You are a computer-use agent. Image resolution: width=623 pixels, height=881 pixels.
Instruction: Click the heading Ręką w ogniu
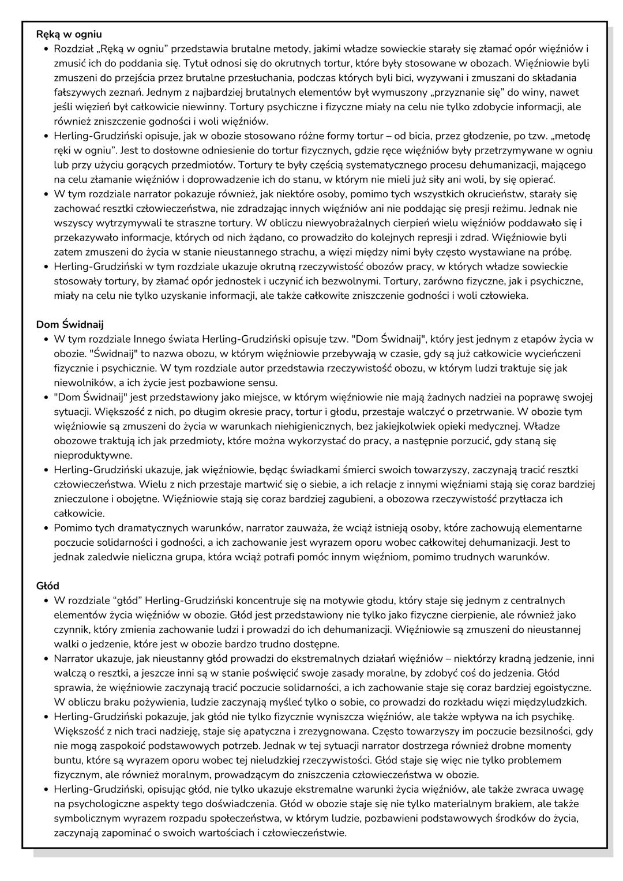tap(69, 34)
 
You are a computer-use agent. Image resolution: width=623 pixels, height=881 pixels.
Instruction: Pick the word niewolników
tap(81, 383)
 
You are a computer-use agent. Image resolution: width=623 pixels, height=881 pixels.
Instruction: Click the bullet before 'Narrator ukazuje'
tap(45, 658)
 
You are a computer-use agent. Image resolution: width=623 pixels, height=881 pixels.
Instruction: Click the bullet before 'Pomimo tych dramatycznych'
tap(45, 528)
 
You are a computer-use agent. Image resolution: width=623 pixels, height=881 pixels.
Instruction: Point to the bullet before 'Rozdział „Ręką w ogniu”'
tap(45, 49)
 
